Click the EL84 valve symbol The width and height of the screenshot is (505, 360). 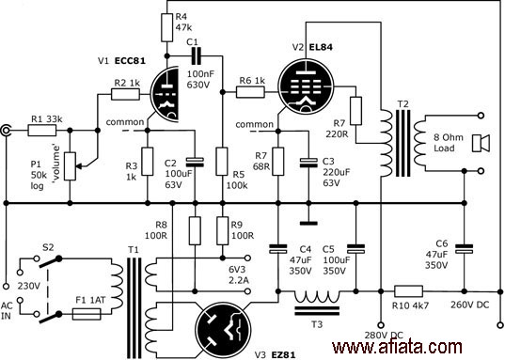[x=306, y=86]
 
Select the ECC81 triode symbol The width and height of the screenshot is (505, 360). [x=165, y=94]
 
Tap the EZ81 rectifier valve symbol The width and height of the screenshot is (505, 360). [x=223, y=330]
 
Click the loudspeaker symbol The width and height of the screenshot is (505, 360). [x=481, y=143]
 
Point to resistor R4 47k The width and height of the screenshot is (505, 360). [x=166, y=27]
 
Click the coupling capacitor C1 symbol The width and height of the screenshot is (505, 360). [x=196, y=56]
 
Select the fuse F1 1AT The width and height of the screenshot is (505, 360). [x=87, y=314]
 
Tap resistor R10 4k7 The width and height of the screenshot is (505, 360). [x=409, y=291]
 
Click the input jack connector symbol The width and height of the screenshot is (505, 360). [x=6, y=131]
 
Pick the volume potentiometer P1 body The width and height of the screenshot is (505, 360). [x=70, y=165]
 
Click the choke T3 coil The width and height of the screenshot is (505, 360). [x=317, y=296]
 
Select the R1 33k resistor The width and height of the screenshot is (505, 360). [x=42, y=131]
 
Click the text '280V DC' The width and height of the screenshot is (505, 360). [x=384, y=336]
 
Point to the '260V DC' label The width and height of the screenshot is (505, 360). [x=470, y=305]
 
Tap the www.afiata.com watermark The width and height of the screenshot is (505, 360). [x=397, y=348]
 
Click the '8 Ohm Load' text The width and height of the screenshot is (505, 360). [x=449, y=143]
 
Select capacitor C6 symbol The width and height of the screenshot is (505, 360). [x=465, y=248]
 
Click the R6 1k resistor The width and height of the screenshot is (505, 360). [x=250, y=92]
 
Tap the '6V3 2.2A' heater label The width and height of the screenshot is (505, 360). [x=239, y=274]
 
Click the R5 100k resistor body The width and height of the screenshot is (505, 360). [x=222, y=162]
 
